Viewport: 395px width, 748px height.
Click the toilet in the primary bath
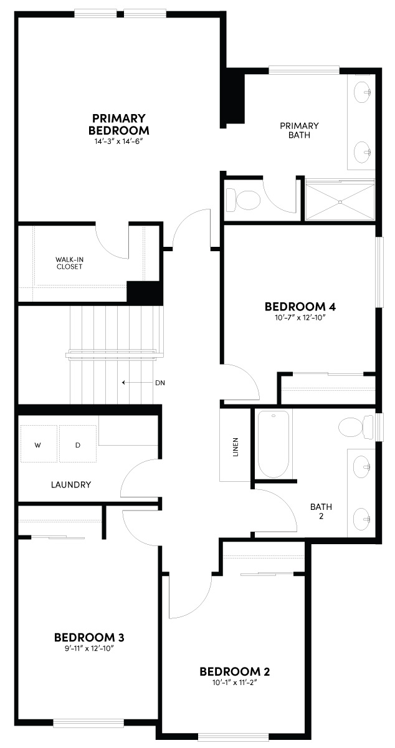(x=245, y=200)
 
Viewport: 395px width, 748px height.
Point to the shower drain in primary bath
(x=340, y=201)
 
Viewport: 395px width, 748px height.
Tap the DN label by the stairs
(x=160, y=382)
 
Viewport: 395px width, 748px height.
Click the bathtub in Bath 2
(x=274, y=443)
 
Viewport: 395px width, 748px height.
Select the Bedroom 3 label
(x=89, y=638)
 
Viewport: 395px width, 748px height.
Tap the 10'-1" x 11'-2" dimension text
(x=234, y=683)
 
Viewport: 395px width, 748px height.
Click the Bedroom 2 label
(x=234, y=671)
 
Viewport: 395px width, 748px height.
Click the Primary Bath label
(x=299, y=130)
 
